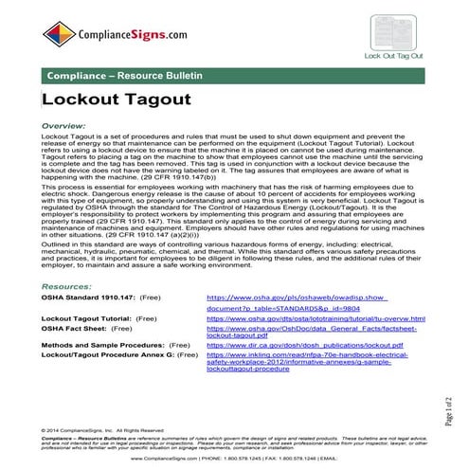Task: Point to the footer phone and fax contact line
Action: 237,458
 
